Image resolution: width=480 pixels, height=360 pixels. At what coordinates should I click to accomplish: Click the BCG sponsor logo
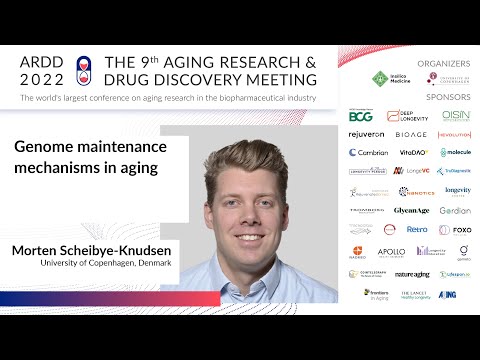(x=360, y=116)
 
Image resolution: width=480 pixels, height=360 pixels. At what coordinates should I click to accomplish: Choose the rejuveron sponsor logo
(x=365, y=134)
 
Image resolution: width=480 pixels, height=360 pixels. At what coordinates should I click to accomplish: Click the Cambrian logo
(x=368, y=153)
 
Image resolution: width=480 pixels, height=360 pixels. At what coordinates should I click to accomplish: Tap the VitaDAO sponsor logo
(x=413, y=153)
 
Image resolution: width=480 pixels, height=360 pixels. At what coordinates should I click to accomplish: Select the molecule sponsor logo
(x=455, y=153)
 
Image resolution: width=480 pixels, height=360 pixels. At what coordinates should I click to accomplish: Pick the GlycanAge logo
(x=411, y=211)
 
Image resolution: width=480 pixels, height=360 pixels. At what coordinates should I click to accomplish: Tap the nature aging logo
(x=412, y=273)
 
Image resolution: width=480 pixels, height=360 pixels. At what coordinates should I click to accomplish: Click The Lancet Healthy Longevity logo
(x=414, y=294)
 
